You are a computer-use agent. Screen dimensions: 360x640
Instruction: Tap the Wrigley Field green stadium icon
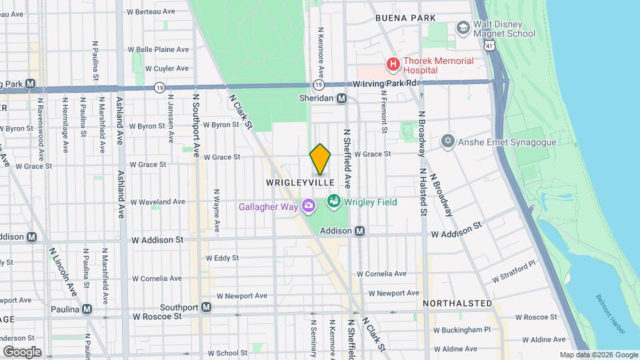click(333, 201)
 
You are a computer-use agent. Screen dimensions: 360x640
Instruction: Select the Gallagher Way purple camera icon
click(308, 206)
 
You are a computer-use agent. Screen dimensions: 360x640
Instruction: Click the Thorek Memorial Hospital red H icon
click(393, 65)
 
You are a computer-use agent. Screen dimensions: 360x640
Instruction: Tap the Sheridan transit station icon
click(341, 98)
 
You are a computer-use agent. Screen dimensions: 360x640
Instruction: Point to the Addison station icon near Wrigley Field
click(359, 231)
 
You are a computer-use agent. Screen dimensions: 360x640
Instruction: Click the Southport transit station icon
click(207, 307)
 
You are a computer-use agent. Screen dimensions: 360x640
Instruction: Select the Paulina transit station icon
click(87, 309)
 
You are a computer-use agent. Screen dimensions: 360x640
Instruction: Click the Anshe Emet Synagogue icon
click(448, 141)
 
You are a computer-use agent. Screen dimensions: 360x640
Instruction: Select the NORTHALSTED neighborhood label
click(457, 303)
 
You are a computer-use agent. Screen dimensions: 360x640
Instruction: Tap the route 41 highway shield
click(490, 45)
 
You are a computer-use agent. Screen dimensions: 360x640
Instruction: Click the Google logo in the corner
click(21, 351)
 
